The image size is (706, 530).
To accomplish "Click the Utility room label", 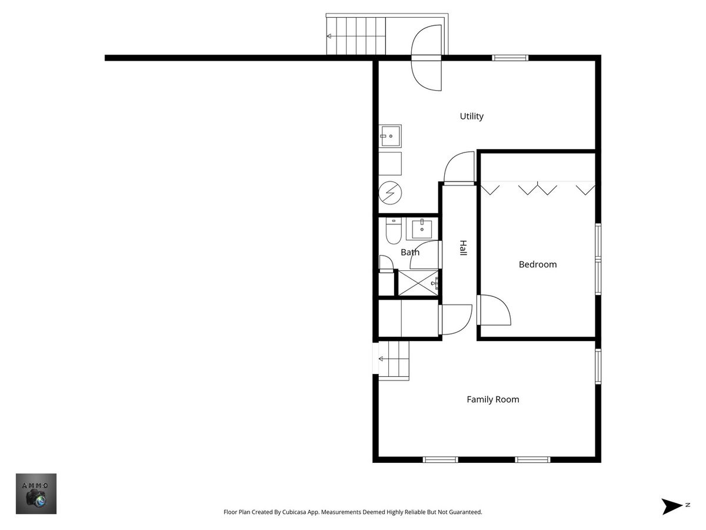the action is click(471, 116).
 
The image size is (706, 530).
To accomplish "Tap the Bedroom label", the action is click(538, 264).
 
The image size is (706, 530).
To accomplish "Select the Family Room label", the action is click(493, 399).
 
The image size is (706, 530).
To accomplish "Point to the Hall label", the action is click(462, 248).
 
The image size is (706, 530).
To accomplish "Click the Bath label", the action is click(410, 252).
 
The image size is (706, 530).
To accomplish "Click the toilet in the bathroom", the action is click(394, 231).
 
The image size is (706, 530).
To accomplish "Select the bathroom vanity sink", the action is click(422, 229).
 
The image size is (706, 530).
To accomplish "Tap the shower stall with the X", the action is click(418, 283).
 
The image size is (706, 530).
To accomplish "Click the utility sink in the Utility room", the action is click(390, 136).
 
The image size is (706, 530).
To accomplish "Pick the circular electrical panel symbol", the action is click(390, 193).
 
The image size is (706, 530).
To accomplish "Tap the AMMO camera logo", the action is click(36, 493).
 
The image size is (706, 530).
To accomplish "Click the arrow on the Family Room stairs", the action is click(394, 359).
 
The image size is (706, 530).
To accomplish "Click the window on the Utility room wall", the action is click(510, 58).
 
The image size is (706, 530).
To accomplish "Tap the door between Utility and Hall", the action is click(459, 167).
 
